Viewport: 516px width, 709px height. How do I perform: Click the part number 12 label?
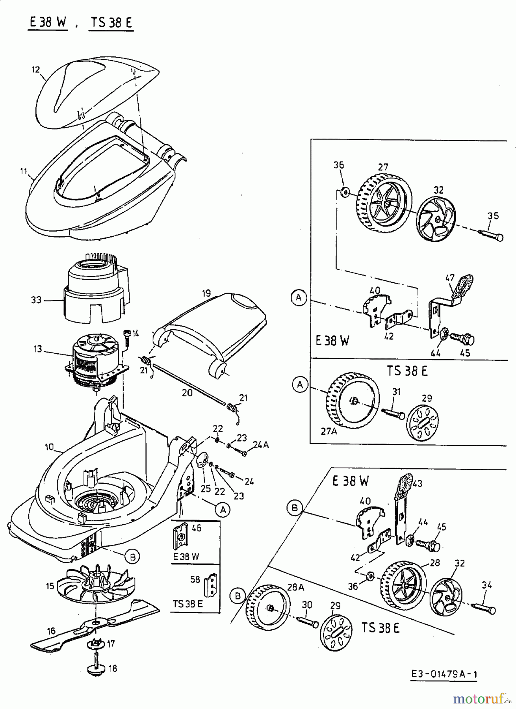(x=36, y=70)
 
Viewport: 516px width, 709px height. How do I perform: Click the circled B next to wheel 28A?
(x=238, y=596)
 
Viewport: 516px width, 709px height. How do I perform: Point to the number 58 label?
(x=195, y=580)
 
